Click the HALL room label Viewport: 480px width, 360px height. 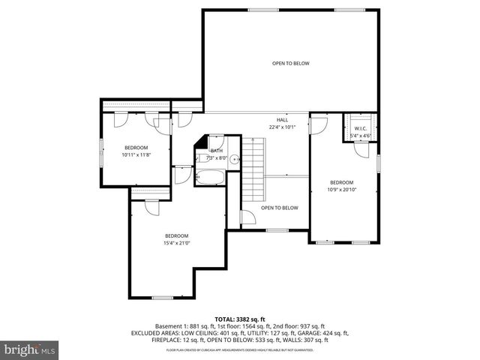[x=282, y=120]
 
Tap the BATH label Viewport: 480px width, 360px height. [x=217, y=151]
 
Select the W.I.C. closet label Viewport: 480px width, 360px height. [x=361, y=129]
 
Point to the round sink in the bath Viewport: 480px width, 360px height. [x=234, y=158]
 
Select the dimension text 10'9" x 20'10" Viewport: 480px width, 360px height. [x=342, y=189]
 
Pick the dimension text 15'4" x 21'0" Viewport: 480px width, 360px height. [x=176, y=242]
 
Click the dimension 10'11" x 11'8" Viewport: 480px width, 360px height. [x=136, y=154]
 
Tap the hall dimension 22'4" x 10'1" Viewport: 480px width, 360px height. [x=282, y=127]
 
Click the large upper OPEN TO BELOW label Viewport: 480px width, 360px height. [x=290, y=63]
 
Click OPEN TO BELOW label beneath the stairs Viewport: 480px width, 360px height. [x=279, y=208]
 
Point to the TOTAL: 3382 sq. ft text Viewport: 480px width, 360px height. [x=239, y=319]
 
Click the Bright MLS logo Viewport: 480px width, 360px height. [x=29, y=349]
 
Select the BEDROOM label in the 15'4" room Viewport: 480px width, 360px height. [x=176, y=235]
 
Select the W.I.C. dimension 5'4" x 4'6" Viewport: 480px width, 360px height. [x=361, y=136]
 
